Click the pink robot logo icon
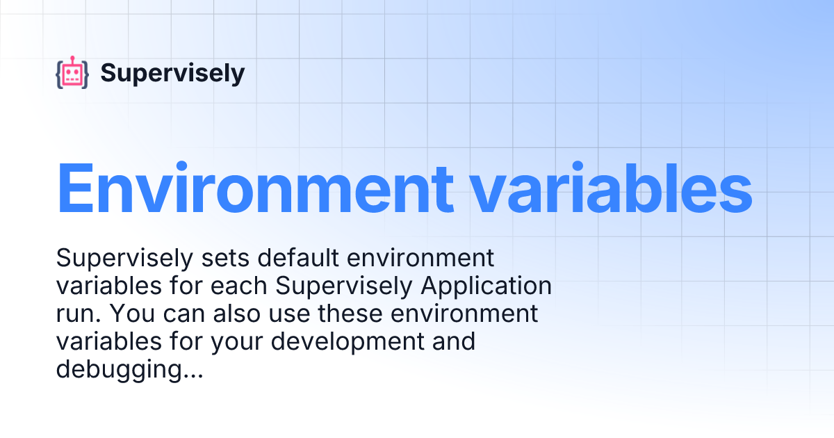[x=72, y=73]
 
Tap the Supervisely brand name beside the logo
[x=172, y=73]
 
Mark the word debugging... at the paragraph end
[x=129, y=369]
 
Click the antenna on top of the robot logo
[x=72, y=58]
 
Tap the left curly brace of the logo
[x=59, y=74]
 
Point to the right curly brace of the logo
[x=85, y=74]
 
